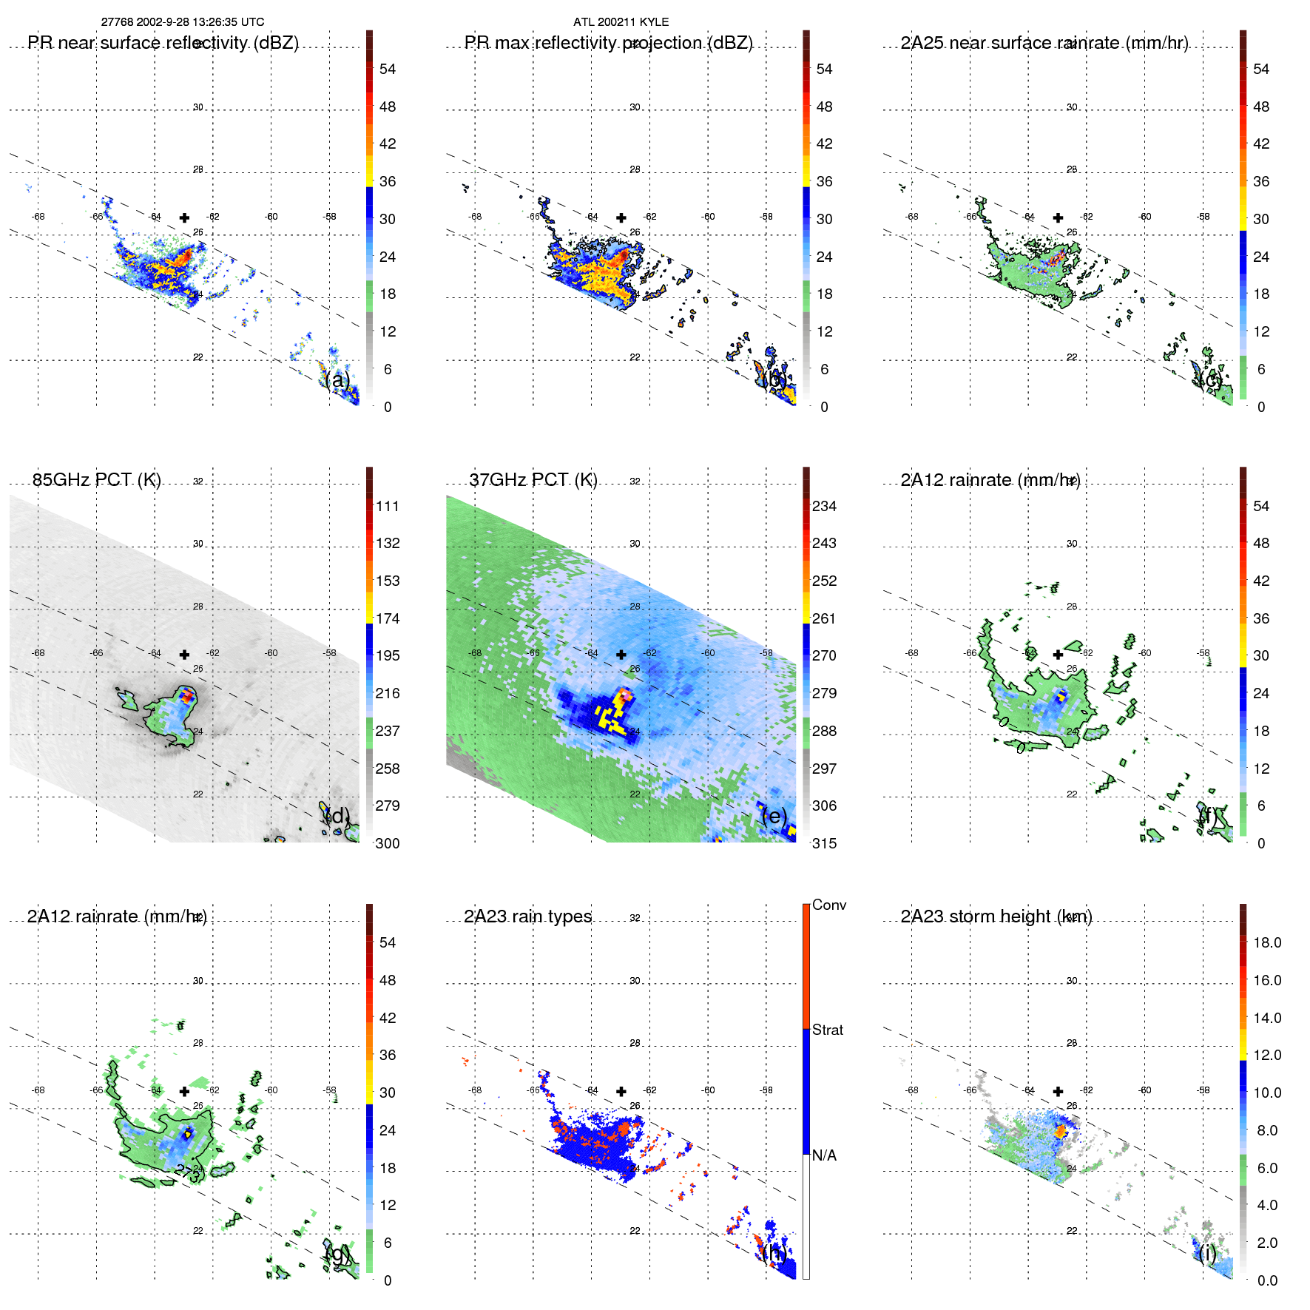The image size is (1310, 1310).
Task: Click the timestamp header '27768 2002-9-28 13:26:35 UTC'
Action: [x=182, y=22]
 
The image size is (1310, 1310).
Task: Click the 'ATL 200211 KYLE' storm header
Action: [x=621, y=22]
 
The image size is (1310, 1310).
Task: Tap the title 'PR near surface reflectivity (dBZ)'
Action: [x=163, y=43]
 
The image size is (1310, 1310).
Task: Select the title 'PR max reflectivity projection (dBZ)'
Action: [x=608, y=43]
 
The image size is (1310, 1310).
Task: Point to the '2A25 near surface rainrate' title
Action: [x=1044, y=43]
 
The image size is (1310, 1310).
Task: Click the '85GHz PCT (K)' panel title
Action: [x=96, y=480]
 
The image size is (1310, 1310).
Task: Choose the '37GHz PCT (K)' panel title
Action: [x=533, y=480]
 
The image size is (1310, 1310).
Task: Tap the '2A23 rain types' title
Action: [x=527, y=916]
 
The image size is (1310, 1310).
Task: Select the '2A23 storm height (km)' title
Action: [x=996, y=916]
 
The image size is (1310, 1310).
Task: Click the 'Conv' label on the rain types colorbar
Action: [x=828, y=905]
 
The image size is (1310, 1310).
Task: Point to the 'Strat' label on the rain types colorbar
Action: [x=827, y=1030]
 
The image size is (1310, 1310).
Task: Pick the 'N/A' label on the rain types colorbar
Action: [x=824, y=1155]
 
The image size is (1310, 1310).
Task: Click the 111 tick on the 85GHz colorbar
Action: [x=387, y=506]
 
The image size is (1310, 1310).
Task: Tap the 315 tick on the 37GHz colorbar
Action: [x=824, y=843]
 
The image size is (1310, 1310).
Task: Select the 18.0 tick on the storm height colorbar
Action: [x=1266, y=942]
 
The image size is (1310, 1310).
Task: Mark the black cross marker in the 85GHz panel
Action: [x=184, y=655]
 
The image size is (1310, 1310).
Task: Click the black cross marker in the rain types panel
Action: [x=621, y=1091]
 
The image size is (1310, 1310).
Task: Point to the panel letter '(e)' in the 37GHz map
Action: [x=774, y=816]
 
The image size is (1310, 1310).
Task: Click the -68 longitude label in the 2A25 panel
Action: [x=912, y=217]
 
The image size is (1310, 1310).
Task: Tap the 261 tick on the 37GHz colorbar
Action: [x=824, y=618]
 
